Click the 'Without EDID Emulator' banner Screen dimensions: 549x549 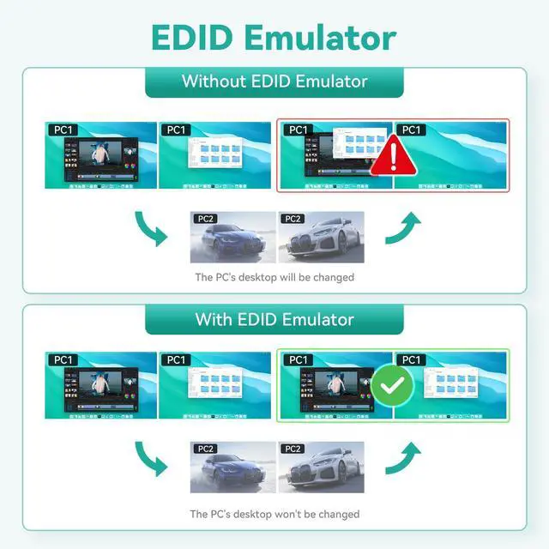[274, 82]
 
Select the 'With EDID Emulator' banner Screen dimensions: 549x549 [274, 319]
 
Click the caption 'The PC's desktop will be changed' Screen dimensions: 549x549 [274, 277]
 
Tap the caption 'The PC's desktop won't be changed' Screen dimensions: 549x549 [274, 514]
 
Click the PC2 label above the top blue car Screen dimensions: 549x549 [206, 219]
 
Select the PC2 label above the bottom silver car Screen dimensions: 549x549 [293, 449]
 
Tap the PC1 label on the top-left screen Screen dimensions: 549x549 [62, 130]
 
